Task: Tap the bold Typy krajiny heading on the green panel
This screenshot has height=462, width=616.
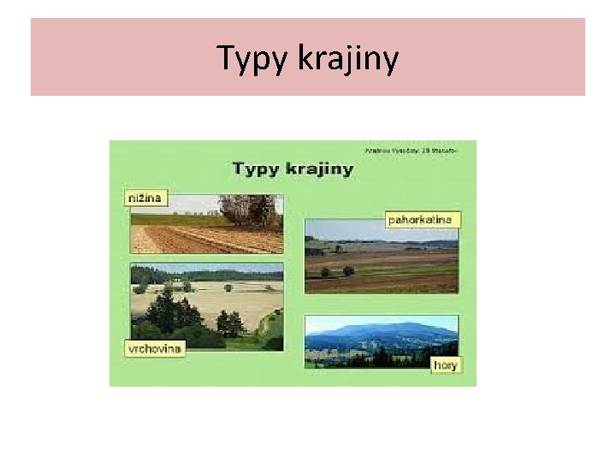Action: click(x=293, y=169)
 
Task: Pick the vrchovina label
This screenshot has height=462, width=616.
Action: click(x=155, y=348)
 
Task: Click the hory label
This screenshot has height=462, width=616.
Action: click(x=445, y=364)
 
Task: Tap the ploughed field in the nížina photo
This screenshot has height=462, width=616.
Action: click(x=205, y=240)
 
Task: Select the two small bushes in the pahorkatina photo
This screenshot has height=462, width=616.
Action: click(x=336, y=271)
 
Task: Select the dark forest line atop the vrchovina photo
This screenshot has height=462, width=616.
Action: click(x=205, y=275)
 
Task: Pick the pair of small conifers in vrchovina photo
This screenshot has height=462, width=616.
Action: click(x=229, y=323)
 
